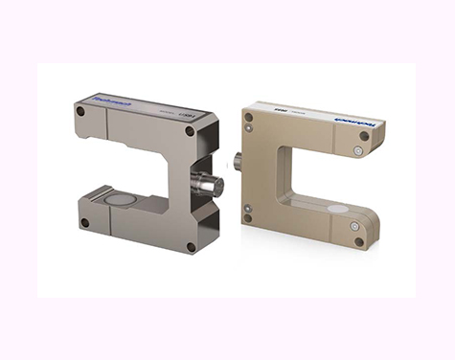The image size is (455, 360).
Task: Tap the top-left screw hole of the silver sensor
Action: pos(80,111)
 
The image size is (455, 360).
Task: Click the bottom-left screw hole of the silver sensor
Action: pos(85,223)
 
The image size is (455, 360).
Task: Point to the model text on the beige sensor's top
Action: pos(281,108)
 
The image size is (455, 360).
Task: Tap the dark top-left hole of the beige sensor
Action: pos(249,117)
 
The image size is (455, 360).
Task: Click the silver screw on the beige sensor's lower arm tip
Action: pos(353,227)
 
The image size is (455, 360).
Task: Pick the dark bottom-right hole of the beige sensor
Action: pos(359,241)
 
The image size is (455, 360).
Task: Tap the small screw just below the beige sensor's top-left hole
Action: pos(249,130)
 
